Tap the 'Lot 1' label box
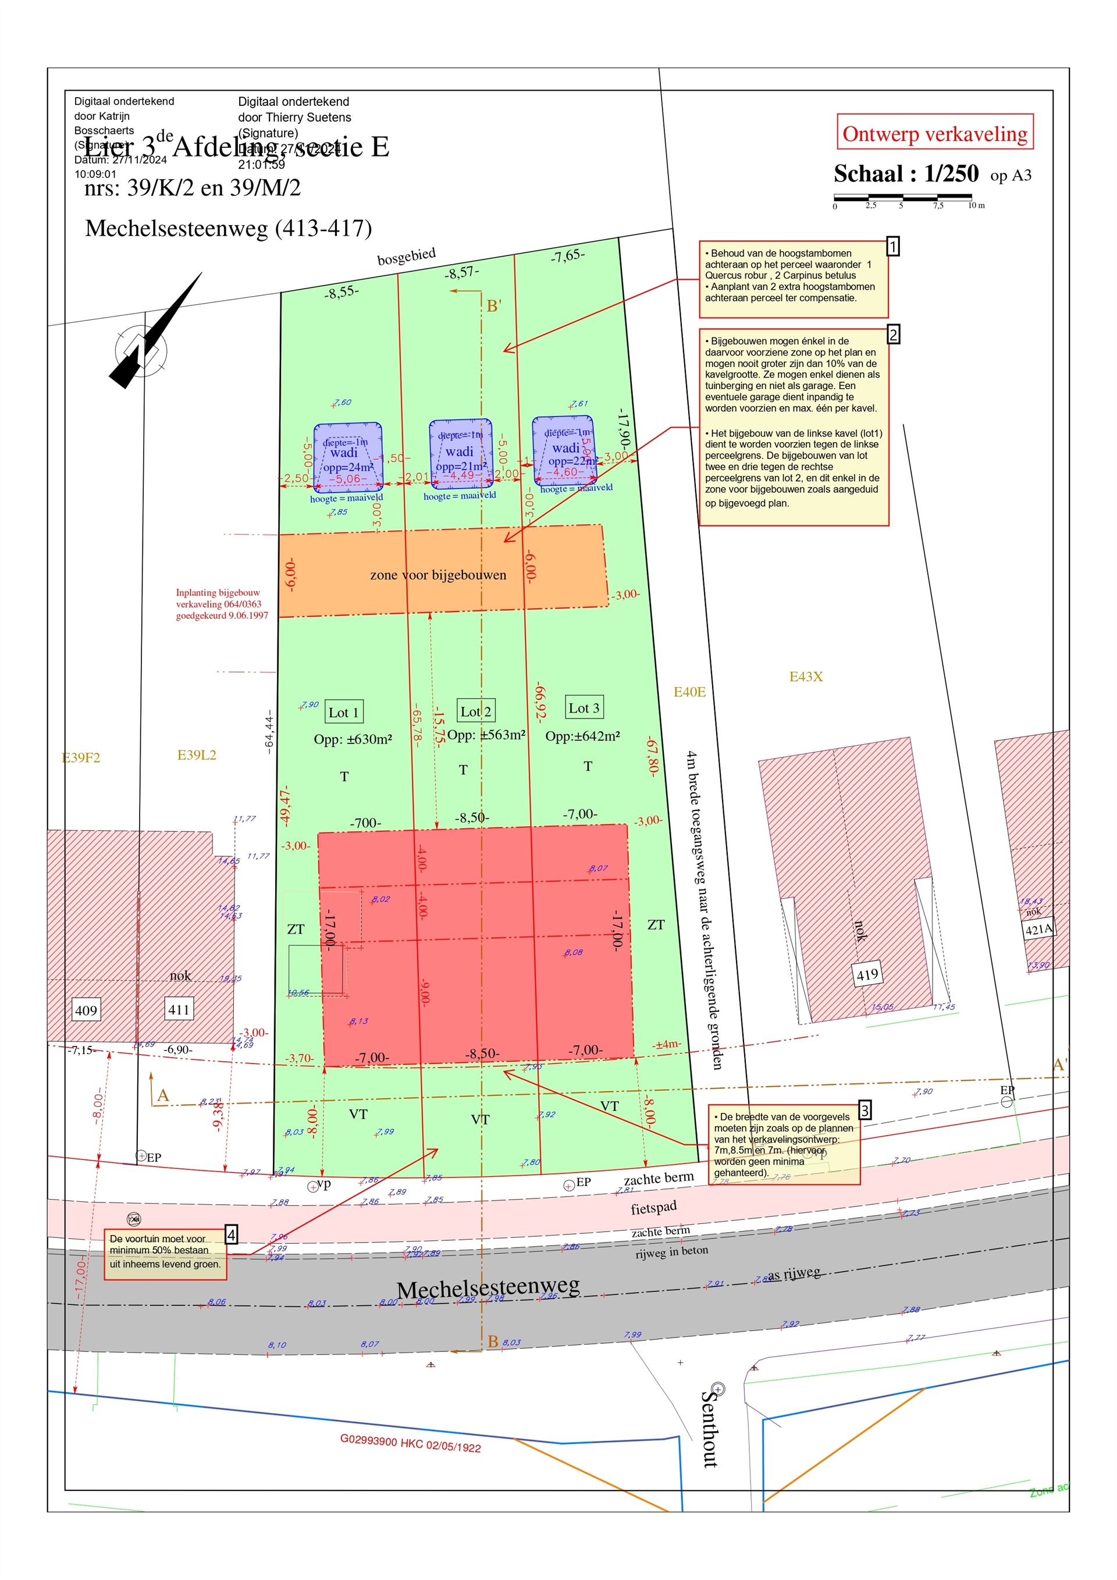pos(343,712)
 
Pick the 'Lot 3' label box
pos(584,707)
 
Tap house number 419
pos(867,974)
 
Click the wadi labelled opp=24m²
pos(347,456)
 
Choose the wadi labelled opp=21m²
pos(460,454)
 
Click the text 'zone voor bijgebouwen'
pos(437,575)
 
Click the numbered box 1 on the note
pos(892,246)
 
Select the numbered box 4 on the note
pos(231,1235)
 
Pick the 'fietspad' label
pos(653,1208)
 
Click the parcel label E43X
pos(805,677)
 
